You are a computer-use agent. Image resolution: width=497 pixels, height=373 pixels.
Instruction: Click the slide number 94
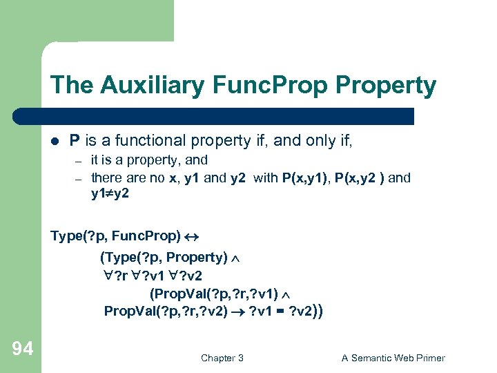click(x=22, y=350)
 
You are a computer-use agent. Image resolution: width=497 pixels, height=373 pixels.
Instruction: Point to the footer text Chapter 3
click(x=222, y=358)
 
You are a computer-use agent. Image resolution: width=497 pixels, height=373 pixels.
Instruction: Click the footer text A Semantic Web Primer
click(x=393, y=358)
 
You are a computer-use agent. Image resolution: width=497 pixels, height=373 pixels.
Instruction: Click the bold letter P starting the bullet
click(x=75, y=141)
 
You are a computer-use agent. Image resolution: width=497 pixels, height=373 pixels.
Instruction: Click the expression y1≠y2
click(x=110, y=194)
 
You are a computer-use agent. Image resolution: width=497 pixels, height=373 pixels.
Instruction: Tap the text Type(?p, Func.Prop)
click(x=115, y=236)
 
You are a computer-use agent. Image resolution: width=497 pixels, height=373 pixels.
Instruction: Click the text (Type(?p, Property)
click(x=164, y=258)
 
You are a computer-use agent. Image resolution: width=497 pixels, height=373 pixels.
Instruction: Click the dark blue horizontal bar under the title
click(x=228, y=116)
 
